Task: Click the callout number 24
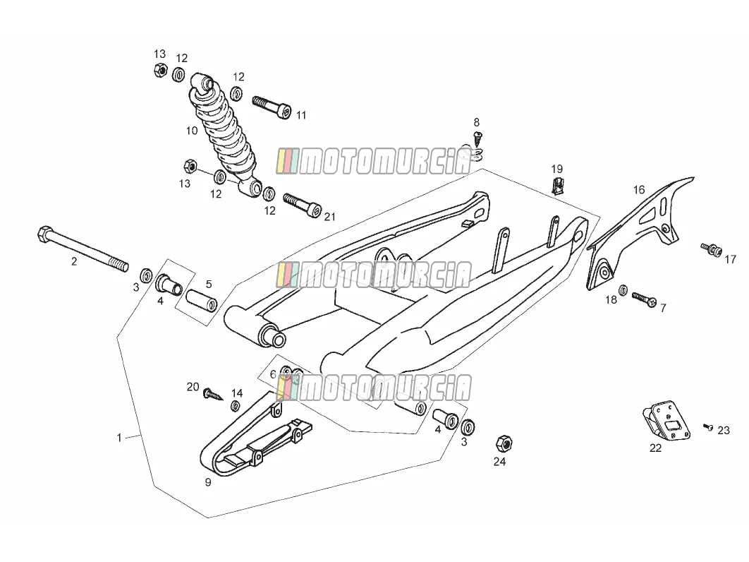(499, 462)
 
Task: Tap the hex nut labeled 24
(504, 444)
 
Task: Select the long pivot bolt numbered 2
(83, 249)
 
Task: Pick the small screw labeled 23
(708, 427)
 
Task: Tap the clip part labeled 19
(557, 186)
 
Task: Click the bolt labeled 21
(303, 205)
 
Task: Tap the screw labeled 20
(213, 394)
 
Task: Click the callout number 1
(119, 437)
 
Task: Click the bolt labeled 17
(711, 250)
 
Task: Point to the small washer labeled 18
(623, 290)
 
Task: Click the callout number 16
(639, 190)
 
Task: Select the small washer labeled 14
(236, 406)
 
